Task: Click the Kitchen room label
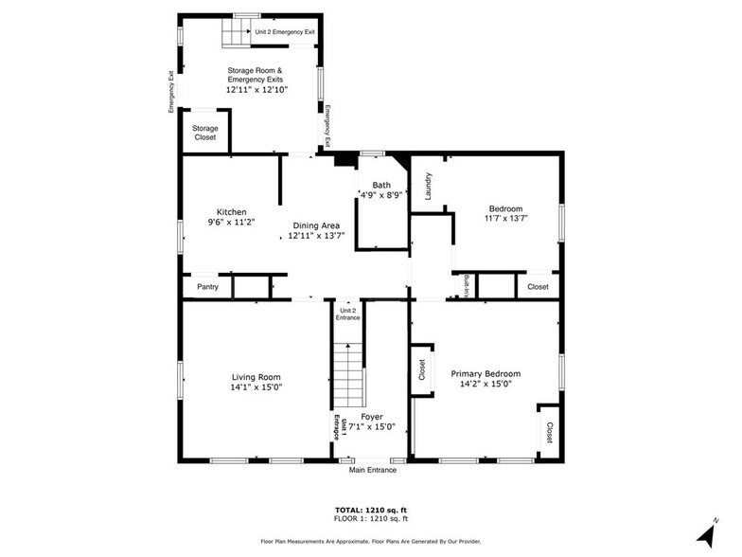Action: tap(231, 212)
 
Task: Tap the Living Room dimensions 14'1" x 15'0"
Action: tap(256, 387)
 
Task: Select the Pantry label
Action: tap(208, 286)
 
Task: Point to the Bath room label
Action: tap(381, 186)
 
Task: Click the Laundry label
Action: tap(428, 186)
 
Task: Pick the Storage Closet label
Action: tap(204, 133)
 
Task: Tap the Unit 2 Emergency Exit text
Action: tap(285, 32)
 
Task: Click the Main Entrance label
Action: tap(373, 470)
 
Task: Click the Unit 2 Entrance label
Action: tap(348, 314)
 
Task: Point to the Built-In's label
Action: tap(466, 286)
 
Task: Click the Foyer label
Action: tap(372, 417)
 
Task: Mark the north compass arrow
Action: tap(708, 534)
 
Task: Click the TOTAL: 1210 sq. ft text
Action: tap(371, 510)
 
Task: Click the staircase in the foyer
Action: tap(348, 375)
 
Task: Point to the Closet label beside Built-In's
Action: tap(538, 286)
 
